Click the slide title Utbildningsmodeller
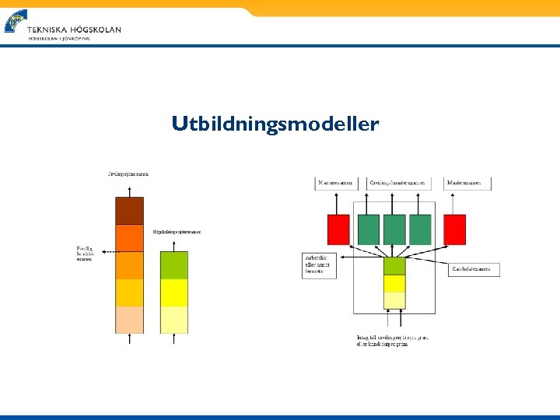(x=275, y=124)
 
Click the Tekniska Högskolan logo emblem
(x=15, y=22)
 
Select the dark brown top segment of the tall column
(x=129, y=211)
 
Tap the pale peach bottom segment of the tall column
(x=129, y=319)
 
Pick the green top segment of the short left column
(x=173, y=264)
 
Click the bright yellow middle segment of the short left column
(x=173, y=292)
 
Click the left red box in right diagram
(x=338, y=229)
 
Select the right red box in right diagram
(x=454, y=229)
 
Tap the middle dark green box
(x=394, y=229)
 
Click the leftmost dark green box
(x=369, y=229)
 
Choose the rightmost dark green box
(x=420, y=229)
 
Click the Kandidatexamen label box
(x=474, y=269)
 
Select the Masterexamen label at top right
(x=468, y=184)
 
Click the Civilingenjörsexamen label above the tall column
(x=128, y=173)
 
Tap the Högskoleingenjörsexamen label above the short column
(x=177, y=232)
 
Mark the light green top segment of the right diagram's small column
(x=394, y=265)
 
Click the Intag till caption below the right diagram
(x=393, y=340)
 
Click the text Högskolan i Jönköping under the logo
(x=59, y=38)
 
